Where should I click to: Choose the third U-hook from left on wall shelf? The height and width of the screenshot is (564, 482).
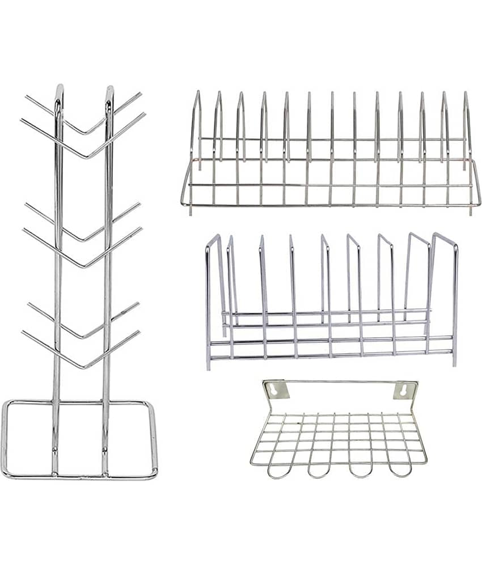click(358, 469)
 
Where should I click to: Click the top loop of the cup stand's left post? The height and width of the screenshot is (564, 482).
click(60, 90)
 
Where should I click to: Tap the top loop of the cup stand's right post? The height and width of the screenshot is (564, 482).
click(109, 90)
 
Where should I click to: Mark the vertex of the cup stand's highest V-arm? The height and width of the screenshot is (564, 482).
click(83, 134)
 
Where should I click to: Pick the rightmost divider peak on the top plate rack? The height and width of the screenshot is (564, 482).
click(466, 93)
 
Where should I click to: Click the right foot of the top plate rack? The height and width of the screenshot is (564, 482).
click(471, 213)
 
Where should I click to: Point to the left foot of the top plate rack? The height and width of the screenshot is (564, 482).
click(190, 213)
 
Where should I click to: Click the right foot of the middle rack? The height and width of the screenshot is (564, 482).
click(455, 364)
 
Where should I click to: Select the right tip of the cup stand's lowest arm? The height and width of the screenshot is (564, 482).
click(139, 332)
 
